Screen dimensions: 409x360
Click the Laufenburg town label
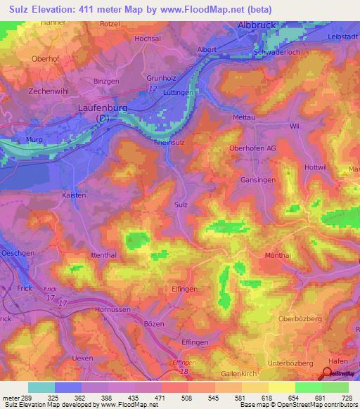tap(103, 108)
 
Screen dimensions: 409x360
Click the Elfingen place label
tap(166, 287)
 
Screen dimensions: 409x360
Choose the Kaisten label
tap(74, 195)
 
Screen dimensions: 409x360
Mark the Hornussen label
tap(113, 309)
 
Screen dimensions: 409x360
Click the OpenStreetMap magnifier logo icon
tap(328, 374)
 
